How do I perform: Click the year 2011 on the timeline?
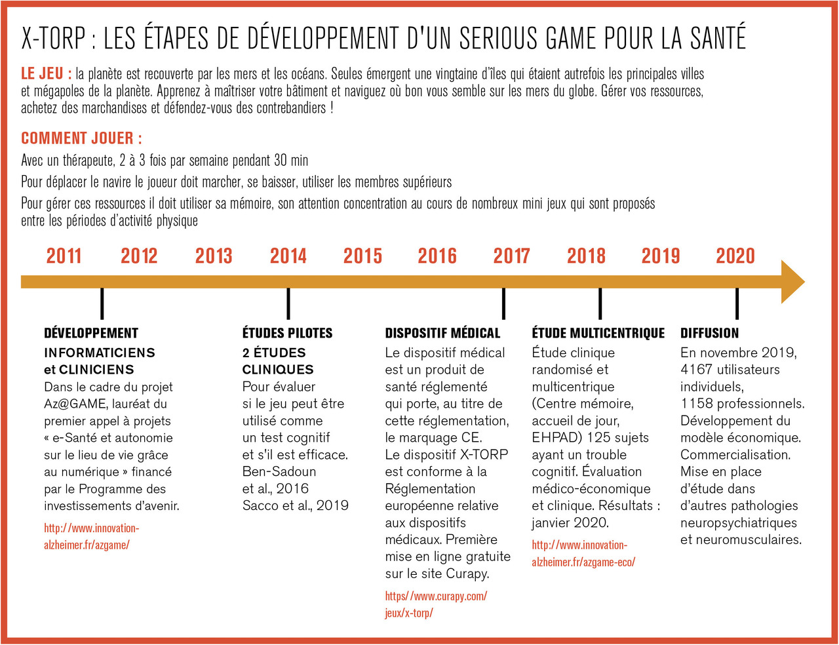64,256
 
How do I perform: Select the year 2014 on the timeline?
288,256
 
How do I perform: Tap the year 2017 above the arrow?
511,256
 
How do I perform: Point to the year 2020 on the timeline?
735,256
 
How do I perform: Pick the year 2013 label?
214,256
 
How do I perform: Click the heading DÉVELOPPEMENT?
91,333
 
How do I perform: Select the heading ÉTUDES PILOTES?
287,333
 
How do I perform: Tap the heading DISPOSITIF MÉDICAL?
442,333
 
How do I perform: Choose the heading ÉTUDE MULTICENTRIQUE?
598,333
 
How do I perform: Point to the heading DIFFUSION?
709,333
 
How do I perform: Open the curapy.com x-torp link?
436,604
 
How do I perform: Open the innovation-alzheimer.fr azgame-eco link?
583,553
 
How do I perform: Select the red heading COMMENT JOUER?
81,138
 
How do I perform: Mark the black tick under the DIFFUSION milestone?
737,303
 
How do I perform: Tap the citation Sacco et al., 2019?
295,505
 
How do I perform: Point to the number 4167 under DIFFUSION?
697,370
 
